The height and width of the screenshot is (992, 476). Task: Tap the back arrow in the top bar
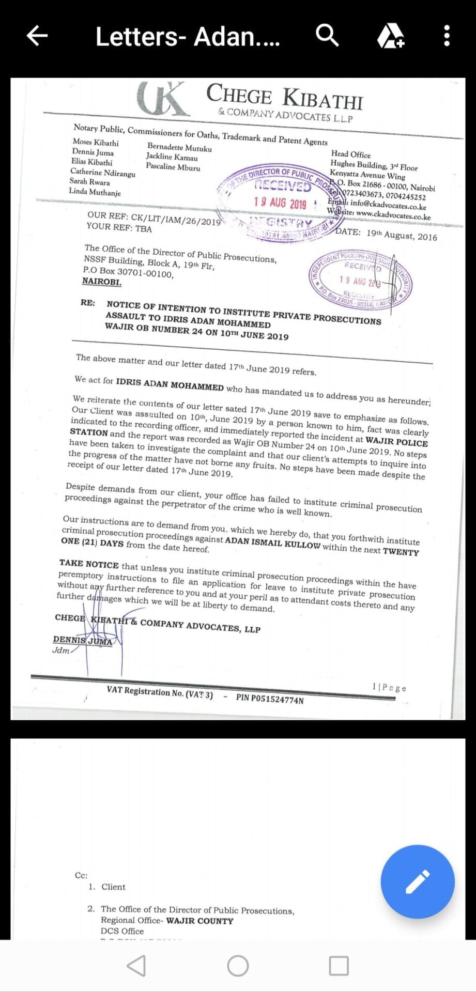pyautogui.click(x=37, y=36)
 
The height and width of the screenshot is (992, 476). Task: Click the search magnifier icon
pyautogui.click(x=327, y=36)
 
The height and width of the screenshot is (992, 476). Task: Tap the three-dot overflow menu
pyautogui.click(x=447, y=36)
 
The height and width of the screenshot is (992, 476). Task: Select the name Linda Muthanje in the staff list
pyautogui.click(x=95, y=192)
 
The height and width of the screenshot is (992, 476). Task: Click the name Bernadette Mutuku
pyautogui.click(x=179, y=148)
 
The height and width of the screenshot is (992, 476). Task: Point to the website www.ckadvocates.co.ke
pyautogui.click(x=393, y=215)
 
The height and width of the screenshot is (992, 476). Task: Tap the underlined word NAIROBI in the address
pyautogui.click(x=102, y=282)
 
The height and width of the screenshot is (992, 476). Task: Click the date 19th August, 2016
pyautogui.click(x=402, y=235)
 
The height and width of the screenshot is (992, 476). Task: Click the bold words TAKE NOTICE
pyautogui.click(x=89, y=564)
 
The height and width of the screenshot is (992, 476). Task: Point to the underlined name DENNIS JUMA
pyautogui.click(x=83, y=641)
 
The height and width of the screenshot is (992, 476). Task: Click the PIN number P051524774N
pyautogui.click(x=270, y=699)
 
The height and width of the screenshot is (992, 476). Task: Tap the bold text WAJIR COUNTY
pyautogui.click(x=199, y=921)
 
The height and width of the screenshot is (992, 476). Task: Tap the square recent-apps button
pyautogui.click(x=339, y=965)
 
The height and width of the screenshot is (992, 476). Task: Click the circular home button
pyautogui.click(x=238, y=965)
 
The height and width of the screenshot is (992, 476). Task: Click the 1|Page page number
pyautogui.click(x=389, y=688)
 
